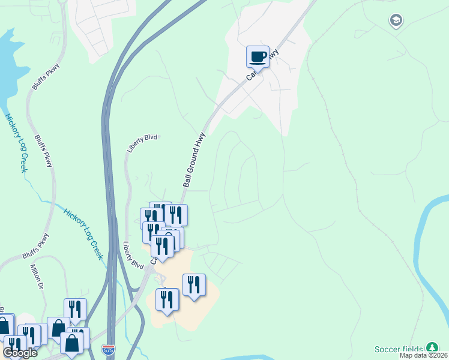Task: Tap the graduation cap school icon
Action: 395,22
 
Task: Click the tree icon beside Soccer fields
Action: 432,349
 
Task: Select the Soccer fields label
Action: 399,349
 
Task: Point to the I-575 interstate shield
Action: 109,348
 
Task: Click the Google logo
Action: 20,353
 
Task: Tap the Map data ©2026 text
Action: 423,356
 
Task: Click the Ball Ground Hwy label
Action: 194,160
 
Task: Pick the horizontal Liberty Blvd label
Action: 142,142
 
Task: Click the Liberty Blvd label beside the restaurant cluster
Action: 133,255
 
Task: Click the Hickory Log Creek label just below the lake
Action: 16,143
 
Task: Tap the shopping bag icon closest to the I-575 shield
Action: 72,343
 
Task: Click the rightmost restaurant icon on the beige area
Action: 194,285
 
